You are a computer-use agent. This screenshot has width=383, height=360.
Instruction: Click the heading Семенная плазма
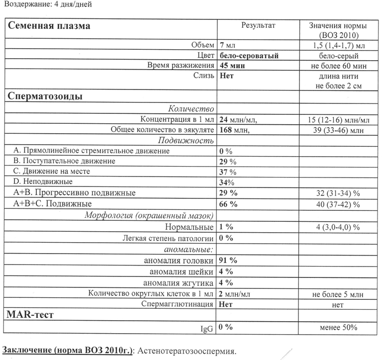pyautogui.click(x=49, y=26)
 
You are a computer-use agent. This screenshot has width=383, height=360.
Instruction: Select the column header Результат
pyautogui.click(x=258, y=25)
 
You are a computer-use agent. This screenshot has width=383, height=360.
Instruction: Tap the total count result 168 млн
pyautogui.click(x=234, y=130)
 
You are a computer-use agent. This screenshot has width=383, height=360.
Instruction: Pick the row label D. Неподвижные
pyautogui.click(x=43, y=181)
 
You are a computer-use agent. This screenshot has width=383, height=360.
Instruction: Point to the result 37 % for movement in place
pyautogui.click(x=228, y=172)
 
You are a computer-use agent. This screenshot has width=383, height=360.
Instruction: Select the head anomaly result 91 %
pyautogui.click(x=228, y=261)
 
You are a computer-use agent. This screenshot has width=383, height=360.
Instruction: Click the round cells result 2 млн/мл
pyautogui.click(x=235, y=294)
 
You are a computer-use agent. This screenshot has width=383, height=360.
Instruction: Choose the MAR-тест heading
pyautogui.click(x=30, y=315)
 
